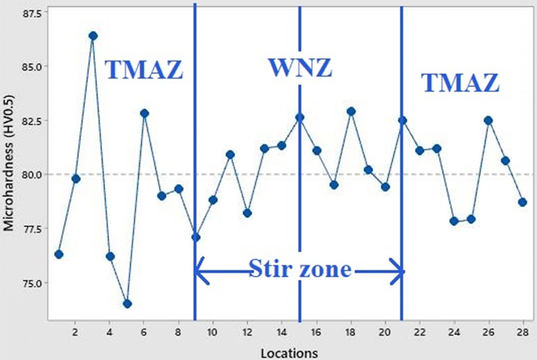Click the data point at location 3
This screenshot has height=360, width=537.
click(93, 36)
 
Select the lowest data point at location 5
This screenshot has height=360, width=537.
click(127, 304)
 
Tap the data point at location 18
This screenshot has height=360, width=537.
click(351, 111)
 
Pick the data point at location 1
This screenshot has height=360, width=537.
click(59, 254)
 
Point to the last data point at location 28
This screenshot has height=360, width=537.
click(523, 202)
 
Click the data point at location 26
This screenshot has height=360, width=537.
click(488, 121)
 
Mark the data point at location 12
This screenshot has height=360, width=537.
click(247, 213)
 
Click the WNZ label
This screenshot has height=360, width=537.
click(299, 68)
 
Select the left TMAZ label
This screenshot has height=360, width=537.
click(144, 70)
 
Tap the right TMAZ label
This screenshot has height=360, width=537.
click(460, 83)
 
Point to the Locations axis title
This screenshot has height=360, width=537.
click(290, 353)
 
